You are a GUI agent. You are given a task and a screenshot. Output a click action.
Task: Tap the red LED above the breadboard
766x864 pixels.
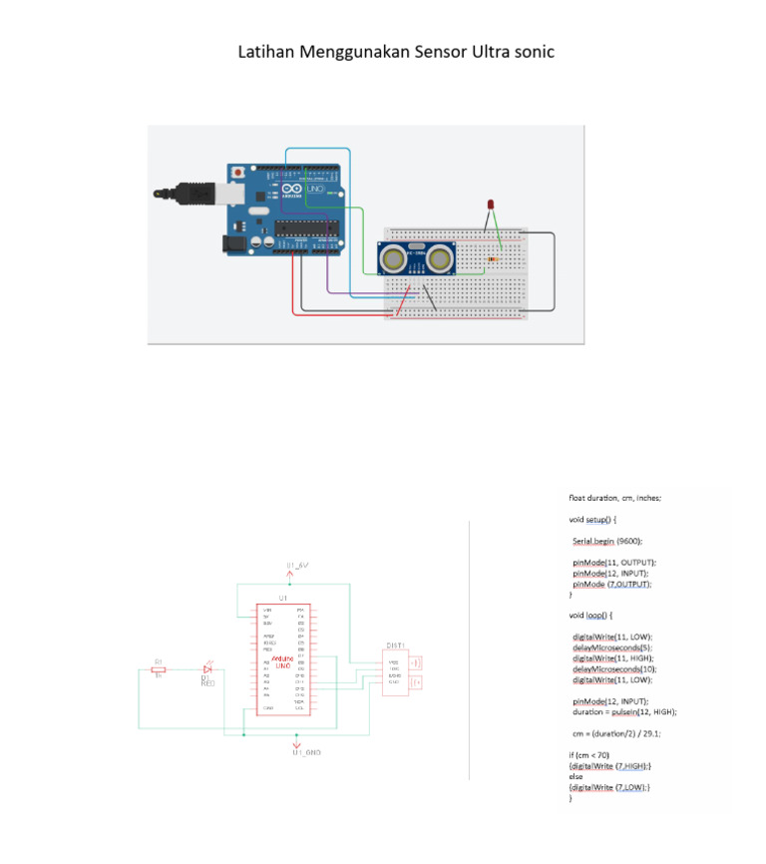click(490, 205)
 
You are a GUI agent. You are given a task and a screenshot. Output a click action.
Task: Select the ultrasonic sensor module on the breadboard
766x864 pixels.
click(417, 257)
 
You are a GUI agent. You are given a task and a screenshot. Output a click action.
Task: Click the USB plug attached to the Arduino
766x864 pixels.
click(189, 190)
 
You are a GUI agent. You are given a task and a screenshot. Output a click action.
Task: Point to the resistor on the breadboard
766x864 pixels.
click(495, 258)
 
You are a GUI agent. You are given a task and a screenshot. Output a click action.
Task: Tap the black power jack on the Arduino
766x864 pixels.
click(232, 242)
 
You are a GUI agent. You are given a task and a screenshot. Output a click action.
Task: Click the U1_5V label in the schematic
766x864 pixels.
click(297, 566)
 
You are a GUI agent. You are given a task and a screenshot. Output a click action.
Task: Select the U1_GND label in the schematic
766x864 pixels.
click(306, 752)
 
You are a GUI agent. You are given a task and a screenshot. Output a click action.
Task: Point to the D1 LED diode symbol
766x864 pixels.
click(207, 668)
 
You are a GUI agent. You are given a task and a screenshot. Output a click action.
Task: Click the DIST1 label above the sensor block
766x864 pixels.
click(396, 645)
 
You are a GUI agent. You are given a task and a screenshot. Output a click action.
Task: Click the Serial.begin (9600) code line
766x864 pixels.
click(607, 541)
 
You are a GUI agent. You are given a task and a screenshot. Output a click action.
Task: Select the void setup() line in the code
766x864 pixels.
click(593, 519)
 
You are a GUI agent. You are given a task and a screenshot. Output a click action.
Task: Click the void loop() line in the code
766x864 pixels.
click(590, 615)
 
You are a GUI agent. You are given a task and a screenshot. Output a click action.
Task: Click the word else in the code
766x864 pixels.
click(575, 776)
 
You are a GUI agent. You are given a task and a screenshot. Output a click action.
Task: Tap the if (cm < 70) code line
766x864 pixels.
click(588, 755)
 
